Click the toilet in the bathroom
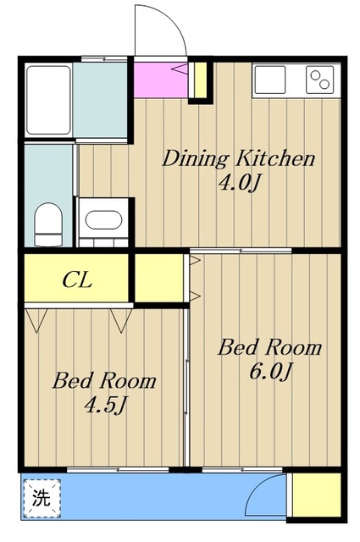coord(48,224)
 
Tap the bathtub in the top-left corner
coord(49,100)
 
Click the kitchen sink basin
coord(269,80)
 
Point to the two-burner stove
coord(320,80)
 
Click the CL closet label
coord(77,280)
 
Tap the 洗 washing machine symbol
coord(42,498)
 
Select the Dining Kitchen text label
coord(239,159)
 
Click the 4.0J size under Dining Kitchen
coord(239,183)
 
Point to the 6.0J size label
coord(271,372)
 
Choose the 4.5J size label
coord(104,405)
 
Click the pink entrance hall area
coord(161,80)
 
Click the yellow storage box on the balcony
coord(317,495)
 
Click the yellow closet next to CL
coord(159,278)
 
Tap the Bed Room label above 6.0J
coord(269,347)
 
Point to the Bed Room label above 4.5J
coord(104,380)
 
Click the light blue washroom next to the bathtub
coord(100,100)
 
